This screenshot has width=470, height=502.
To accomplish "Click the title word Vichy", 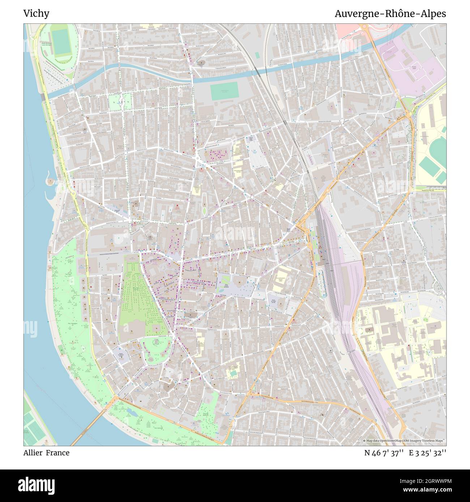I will coord(36,14).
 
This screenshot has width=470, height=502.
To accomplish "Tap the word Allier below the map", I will coord(33,453).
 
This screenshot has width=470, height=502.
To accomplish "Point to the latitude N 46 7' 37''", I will coord(384,453).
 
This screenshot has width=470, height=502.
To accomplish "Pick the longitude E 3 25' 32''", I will coord(427,453).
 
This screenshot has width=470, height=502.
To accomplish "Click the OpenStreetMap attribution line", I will coord(404,441).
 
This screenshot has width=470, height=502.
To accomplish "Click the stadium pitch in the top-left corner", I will coord(60,42).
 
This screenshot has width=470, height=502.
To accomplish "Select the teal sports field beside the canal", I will coord(224,91).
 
